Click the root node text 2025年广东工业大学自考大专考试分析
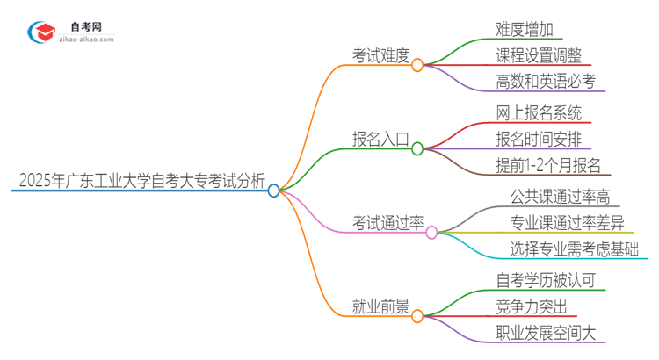click(141, 182)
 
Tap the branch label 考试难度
click(380, 56)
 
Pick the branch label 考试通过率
click(387, 223)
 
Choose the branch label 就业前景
click(380, 306)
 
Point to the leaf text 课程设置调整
click(538, 55)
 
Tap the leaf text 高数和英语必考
click(545, 83)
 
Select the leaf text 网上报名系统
click(538, 112)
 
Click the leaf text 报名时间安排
click(538, 139)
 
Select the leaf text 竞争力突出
click(531, 306)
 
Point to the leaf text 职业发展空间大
click(545, 334)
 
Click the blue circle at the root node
click(274, 190)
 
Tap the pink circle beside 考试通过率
click(431, 232)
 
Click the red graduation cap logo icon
click(42, 32)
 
